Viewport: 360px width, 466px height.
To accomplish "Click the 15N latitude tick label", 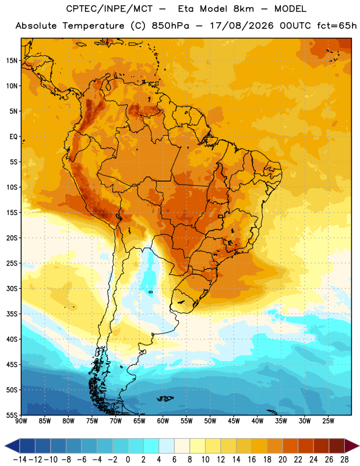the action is tap(12, 61).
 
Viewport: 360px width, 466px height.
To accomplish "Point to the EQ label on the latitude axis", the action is tap(13, 137).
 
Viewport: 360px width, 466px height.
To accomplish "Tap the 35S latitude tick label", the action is tap(12, 314).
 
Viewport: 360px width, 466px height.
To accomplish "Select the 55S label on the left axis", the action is tap(12, 415).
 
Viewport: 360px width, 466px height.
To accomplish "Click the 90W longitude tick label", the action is tap(21, 421).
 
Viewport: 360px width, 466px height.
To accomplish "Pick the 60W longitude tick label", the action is tap(163, 421).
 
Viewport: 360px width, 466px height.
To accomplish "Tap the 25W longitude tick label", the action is tap(328, 421).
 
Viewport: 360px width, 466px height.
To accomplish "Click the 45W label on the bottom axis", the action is tap(234, 421).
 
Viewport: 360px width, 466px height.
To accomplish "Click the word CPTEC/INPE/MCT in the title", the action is tap(110, 9).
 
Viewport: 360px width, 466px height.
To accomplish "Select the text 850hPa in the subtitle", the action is tap(170, 26).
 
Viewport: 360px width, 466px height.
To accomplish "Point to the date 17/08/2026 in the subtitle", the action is tap(242, 26).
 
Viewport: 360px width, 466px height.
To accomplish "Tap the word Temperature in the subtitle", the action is tap(93, 26).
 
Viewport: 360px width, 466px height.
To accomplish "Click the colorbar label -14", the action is tap(20, 460).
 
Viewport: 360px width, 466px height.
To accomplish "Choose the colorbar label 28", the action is tap(344, 460).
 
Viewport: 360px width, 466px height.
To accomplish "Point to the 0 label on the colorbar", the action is tap(128, 460).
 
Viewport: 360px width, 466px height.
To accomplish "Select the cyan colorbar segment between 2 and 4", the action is tap(151, 446).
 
